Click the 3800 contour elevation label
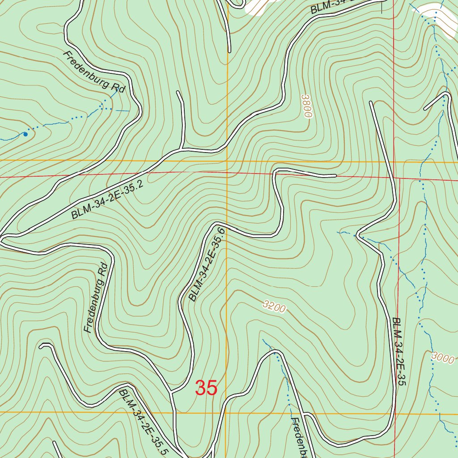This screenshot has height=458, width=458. [x=306, y=106]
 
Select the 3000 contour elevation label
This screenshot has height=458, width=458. [x=443, y=358]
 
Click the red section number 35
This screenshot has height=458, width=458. [x=206, y=388]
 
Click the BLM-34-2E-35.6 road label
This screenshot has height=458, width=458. [x=206, y=264]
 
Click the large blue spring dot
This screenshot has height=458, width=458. [x=25, y=134]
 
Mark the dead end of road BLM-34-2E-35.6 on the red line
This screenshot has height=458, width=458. [x=335, y=176]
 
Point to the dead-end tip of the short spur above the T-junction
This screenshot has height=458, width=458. [x=178, y=93]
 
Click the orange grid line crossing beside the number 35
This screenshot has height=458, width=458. [x=226, y=412]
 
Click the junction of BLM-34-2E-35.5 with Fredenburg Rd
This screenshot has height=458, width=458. [x=172, y=394]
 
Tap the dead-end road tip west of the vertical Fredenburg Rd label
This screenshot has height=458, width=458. [x=41, y=346]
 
